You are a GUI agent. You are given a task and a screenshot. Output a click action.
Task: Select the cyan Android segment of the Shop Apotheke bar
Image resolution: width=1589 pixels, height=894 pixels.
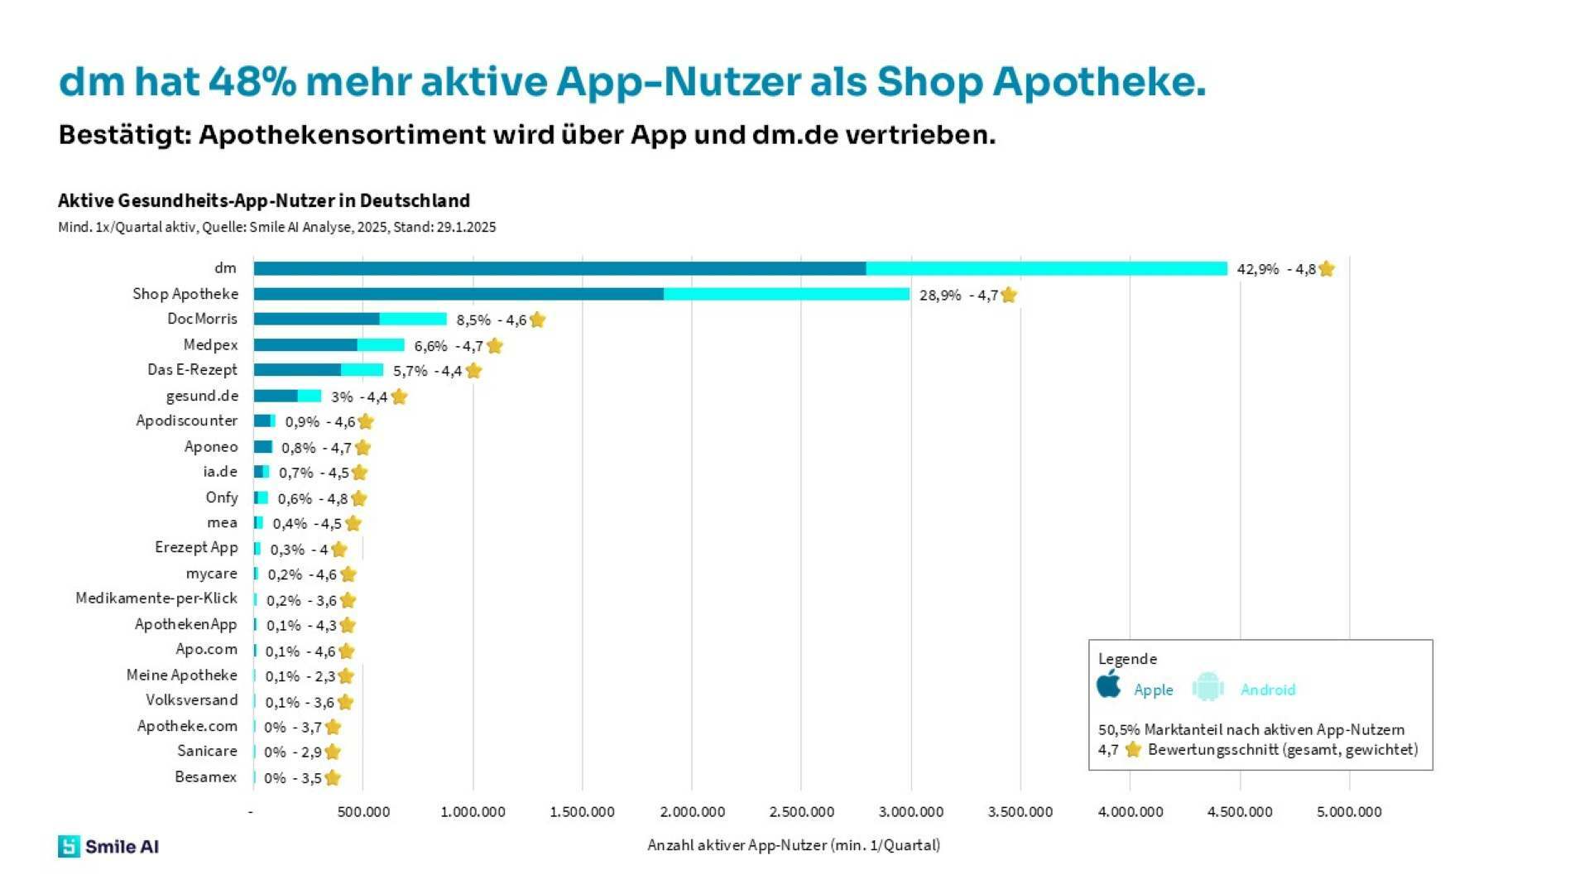pyautogui.click(x=786, y=294)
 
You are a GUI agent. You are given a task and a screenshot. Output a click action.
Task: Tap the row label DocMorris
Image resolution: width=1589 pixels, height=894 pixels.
pyautogui.click(x=202, y=319)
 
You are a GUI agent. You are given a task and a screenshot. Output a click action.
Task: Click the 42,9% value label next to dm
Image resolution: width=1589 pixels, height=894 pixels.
pyautogui.click(x=1257, y=269)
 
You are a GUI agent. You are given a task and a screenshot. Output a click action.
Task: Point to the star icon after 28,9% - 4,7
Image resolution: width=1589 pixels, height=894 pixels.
pyautogui.click(x=1008, y=295)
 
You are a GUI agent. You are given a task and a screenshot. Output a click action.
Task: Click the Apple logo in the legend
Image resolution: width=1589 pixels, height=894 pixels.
pyautogui.click(x=1109, y=685)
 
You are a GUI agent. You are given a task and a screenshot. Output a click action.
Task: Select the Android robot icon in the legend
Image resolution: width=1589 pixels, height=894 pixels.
pyautogui.click(x=1207, y=687)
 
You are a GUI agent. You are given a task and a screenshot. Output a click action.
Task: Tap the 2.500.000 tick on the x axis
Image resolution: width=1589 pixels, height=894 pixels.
pyautogui.click(x=801, y=812)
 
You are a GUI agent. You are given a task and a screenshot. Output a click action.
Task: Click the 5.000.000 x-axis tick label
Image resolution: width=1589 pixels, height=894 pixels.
pyautogui.click(x=1349, y=812)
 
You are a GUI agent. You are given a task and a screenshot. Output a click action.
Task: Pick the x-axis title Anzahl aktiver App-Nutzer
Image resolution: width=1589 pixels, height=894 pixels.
pyautogui.click(x=793, y=845)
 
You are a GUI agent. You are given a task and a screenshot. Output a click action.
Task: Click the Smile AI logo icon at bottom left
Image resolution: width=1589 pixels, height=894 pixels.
pyautogui.click(x=69, y=846)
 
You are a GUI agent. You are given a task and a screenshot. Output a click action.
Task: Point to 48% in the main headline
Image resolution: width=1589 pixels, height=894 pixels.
pyautogui.click(x=252, y=82)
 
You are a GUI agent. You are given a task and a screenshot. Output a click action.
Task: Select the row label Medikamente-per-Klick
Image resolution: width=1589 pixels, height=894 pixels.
pyautogui.click(x=156, y=598)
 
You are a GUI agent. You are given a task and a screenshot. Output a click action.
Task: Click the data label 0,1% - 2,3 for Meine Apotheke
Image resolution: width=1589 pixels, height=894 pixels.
pyautogui.click(x=300, y=676)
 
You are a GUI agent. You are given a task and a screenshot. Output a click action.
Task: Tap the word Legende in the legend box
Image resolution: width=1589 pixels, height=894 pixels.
pyautogui.click(x=1127, y=659)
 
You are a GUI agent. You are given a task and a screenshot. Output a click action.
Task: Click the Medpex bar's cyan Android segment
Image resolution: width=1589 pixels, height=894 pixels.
pyautogui.click(x=381, y=345)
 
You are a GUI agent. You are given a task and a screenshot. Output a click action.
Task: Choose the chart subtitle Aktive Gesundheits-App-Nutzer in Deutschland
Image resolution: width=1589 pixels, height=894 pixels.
pyautogui.click(x=263, y=200)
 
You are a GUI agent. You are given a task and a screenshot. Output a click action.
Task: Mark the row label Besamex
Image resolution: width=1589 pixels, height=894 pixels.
pyautogui.click(x=205, y=776)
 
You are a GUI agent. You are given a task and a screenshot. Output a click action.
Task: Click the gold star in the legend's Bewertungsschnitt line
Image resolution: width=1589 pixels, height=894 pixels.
pyautogui.click(x=1133, y=750)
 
